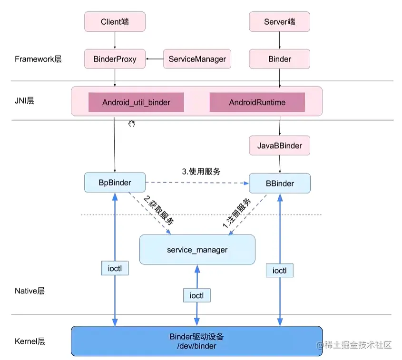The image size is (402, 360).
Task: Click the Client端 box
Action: [115, 22]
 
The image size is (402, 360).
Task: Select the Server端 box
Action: [279, 22]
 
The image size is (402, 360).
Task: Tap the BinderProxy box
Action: [115, 59]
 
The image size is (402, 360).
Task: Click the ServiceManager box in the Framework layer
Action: [197, 59]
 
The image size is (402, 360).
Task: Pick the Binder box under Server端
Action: [279, 59]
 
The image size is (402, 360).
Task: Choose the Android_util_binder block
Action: [136, 102]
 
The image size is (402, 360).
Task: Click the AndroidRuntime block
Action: [257, 102]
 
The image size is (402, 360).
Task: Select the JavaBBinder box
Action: [279, 146]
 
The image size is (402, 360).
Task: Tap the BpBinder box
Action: [115, 183]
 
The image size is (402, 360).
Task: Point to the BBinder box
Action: [279, 183]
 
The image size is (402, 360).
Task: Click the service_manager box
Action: [197, 250]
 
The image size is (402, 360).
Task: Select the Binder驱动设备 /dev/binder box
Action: [196, 341]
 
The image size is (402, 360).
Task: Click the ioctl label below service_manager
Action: [196, 295]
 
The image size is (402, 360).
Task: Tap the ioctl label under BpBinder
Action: [115, 268]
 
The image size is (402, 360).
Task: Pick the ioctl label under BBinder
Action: [279, 271]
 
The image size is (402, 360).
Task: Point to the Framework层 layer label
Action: [38, 59]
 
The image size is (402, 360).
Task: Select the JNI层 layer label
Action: [24, 101]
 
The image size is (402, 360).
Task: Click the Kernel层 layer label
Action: [29, 341]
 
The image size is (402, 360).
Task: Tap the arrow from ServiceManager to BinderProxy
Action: [155, 59]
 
